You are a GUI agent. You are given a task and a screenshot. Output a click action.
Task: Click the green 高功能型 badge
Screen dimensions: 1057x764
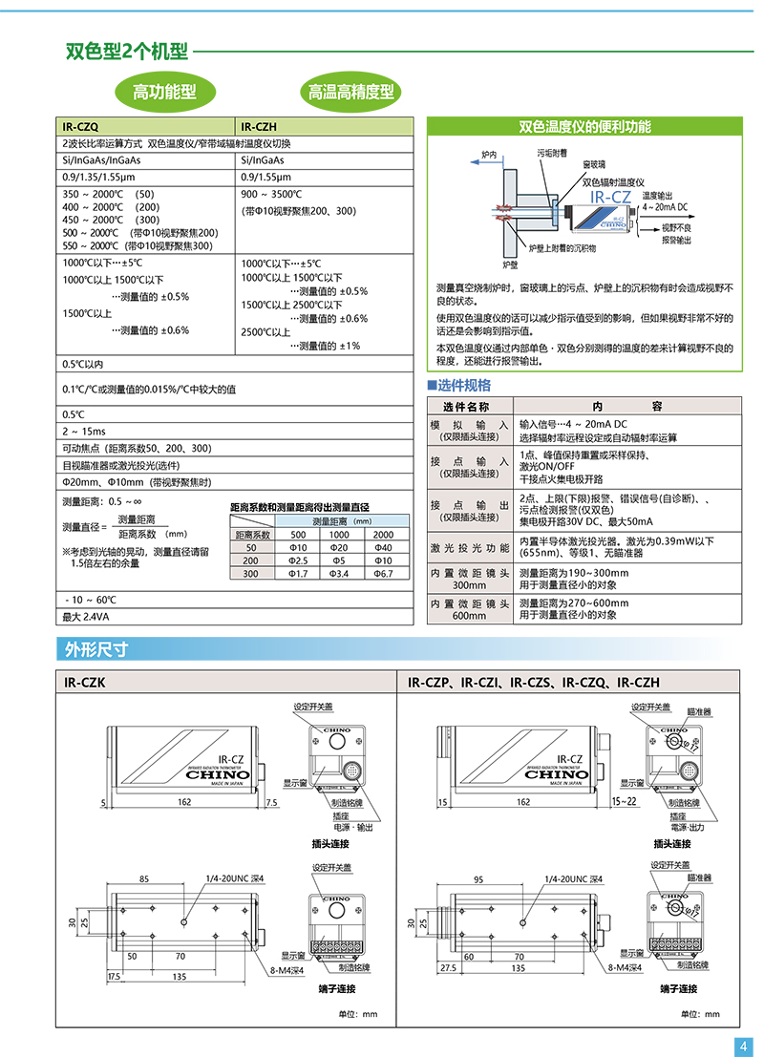[164, 92]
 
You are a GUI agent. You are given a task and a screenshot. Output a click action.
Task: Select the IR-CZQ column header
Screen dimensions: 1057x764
[80, 125]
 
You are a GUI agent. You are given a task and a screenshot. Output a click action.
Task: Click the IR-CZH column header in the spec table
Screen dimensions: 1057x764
[258, 125]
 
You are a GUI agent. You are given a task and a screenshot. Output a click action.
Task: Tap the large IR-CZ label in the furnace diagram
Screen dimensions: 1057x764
[611, 197]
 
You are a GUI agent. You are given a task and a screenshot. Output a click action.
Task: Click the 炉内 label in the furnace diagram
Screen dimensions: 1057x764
[489, 154]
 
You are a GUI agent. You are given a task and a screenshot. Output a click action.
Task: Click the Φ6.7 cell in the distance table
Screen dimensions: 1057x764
[383, 574]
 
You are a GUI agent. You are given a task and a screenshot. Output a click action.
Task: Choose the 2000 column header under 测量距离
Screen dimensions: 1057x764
[383, 535]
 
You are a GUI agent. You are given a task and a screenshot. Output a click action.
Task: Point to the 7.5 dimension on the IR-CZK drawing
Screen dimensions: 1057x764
[270, 803]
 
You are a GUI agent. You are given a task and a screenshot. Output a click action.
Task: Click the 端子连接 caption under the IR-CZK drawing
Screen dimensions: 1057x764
[330, 989]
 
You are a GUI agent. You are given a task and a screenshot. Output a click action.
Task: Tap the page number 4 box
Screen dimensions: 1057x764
[743, 1046]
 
